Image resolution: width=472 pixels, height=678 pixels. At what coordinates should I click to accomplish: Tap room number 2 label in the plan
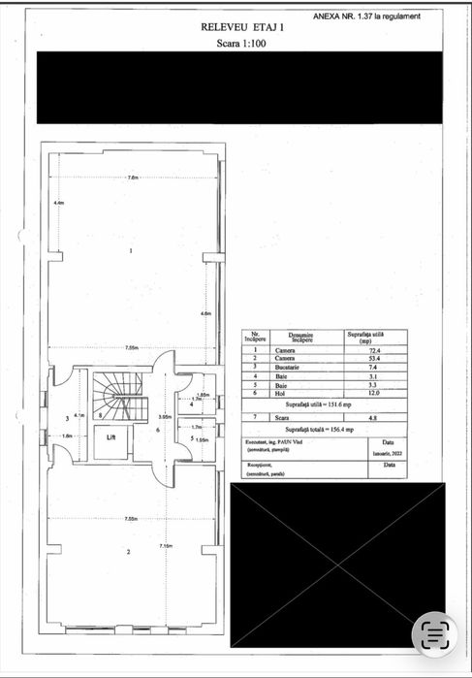click(x=129, y=552)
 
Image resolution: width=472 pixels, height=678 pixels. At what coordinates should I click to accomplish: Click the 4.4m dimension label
click(x=58, y=203)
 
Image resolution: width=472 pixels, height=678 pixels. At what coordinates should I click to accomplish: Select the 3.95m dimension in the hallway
click(x=165, y=417)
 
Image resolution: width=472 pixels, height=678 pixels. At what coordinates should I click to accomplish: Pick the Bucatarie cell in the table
click(x=285, y=369)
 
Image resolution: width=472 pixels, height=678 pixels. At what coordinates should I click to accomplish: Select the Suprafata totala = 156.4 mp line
click(x=319, y=428)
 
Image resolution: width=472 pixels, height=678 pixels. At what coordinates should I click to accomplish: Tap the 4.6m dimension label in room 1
click(x=205, y=314)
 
